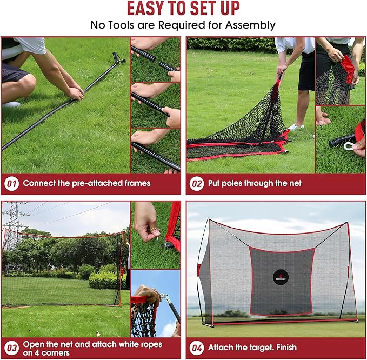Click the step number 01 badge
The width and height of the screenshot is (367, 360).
pyautogui.click(x=11, y=183)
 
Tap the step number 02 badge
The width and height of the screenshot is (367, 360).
pyautogui.click(x=197, y=183)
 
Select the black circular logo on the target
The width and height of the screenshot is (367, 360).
pyautogui.click(x=281, y=277)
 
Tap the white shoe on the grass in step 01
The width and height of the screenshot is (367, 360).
pyautogui.click(x=12, y=104)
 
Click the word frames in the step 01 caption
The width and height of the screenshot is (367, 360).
pyautogui.click(x=136, y=183)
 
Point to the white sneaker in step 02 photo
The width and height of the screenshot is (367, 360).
pyautogui.click(x=296, y=127)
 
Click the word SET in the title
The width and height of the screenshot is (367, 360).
pyautogui.click(x=197, y=9)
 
